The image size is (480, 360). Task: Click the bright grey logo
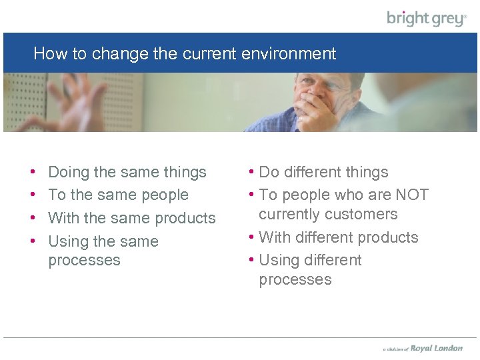pyautogui.click(x=427, y=18)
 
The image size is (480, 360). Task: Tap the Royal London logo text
pyautogui.click(x=437, y=348)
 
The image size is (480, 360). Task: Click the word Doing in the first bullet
pyautogui.click(x=69, y=172)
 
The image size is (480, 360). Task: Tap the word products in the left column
pyautogui.click(x=185, y=218)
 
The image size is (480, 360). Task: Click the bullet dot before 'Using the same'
pyautogui.click(x=33, y=241)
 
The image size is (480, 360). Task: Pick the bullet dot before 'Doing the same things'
pyautogui.click(x=33, y=172)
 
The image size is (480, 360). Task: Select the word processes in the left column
pyautogui.click(x=84, y=260)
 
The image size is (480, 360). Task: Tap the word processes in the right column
pyautogui.click(x=295, y=279)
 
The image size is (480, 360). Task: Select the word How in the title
pyautogui.click(x=47, y=53)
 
